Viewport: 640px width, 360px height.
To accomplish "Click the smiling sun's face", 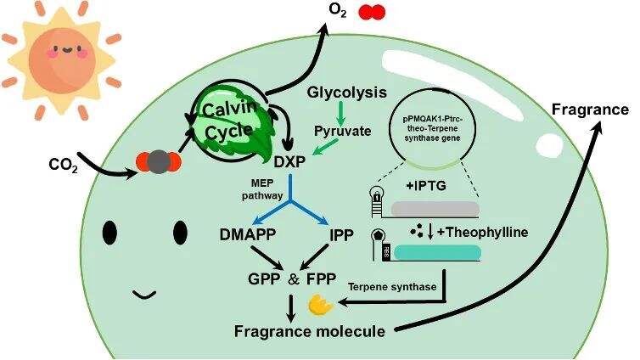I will click(53, 60).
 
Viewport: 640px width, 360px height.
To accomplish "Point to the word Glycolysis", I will click(347, 92).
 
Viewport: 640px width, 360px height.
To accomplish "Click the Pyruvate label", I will click(343, 132).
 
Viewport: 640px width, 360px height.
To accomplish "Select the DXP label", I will click(291, 160).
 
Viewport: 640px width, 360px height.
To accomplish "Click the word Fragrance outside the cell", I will click(590, 109).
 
